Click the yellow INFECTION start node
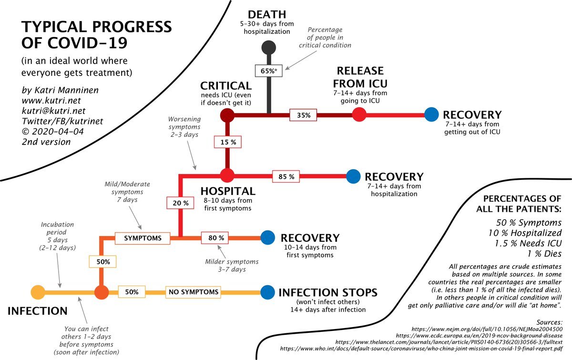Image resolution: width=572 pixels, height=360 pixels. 38,292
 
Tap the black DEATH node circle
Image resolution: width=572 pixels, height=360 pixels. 269,48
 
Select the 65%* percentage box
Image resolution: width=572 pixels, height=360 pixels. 269,71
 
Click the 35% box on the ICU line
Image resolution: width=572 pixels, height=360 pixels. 303,115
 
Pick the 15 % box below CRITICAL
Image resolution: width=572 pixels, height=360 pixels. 227,142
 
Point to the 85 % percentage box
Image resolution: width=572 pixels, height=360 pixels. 286,176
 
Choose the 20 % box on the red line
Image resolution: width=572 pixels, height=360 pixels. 180,203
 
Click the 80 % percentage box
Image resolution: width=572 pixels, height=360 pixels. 215,238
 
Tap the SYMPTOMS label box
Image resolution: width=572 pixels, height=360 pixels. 143,238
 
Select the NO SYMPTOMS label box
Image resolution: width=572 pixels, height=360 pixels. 194,292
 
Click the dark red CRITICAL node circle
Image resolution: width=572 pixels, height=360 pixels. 227,115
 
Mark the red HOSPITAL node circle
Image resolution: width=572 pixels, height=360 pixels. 227,175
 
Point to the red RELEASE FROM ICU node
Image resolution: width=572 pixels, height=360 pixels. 359,114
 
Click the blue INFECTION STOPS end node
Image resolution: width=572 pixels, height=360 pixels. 267,292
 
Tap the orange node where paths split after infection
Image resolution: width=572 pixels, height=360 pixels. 102,292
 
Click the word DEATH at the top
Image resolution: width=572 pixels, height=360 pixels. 267,15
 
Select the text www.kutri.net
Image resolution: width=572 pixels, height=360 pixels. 51,101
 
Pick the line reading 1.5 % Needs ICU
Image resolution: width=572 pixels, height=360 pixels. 528,243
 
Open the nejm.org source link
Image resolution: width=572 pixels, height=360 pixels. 487,329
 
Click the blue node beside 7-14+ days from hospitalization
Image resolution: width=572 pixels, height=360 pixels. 353,176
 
